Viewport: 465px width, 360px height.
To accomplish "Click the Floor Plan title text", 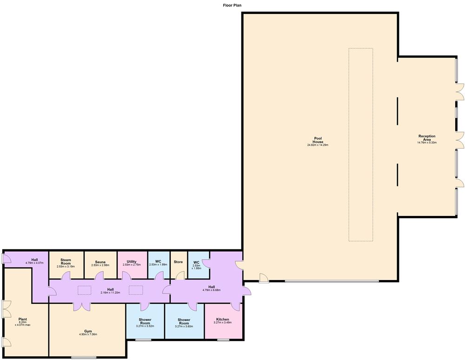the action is pyautogui.click(x=232, y=5).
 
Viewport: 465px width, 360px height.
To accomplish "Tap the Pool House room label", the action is pyautogui.click(x=318, y=140).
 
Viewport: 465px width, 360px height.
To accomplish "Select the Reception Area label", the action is pyautogui.click(x=427, y=138).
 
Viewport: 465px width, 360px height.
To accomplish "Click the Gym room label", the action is pyautogui.click(x=88, y=331).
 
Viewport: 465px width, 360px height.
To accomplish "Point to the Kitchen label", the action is pyautogui.click(x=222, y=320).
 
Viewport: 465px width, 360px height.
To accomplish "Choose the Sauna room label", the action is pyautogui.click(x=100, y=262).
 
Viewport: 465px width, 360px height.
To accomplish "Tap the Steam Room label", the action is pyautogui.click(x=66, y=262).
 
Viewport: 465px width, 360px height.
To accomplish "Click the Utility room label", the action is pyautogui.click(x=132, y=262).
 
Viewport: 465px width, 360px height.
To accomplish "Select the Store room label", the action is pyautogui.click(x=178, y=262).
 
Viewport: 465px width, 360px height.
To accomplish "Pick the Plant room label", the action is pyautogui.click(x=22, y=319).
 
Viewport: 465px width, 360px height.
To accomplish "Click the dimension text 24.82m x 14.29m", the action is pyautogui.click(x=318, y=145).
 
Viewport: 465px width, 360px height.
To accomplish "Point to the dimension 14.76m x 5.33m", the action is pyautogui.click(x=427, y=143).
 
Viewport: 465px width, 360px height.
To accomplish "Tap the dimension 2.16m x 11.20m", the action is pyautogui.click(x=110, y=293).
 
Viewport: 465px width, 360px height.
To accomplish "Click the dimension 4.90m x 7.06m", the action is pyautogui.click(x=88, y=334).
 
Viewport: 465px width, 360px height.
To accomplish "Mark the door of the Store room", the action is pyautogui.click(x=180, y=276).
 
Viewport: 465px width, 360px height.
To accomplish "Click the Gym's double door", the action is pyautogui.click(x=81, y=307).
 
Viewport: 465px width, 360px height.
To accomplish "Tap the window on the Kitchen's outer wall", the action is pyautogui.click(x=223, y=340).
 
